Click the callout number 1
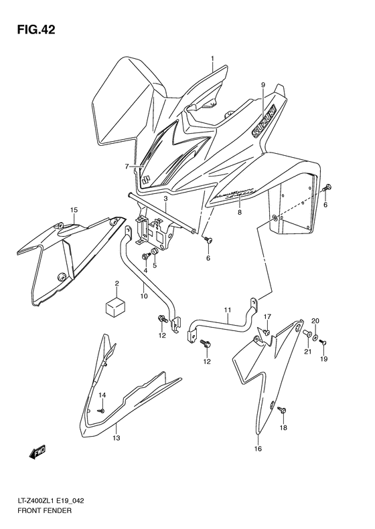pyautogui.click(x=213, y=58)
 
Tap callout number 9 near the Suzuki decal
pyautogui.click(x=262, y=85)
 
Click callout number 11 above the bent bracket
pyautogui.click(x=227, y=310)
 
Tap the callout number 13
pyautogui.click(x=116, y=438)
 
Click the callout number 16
pyautogui.click(x=257, y=449)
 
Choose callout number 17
pyautogui.click(x=266, y=316)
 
